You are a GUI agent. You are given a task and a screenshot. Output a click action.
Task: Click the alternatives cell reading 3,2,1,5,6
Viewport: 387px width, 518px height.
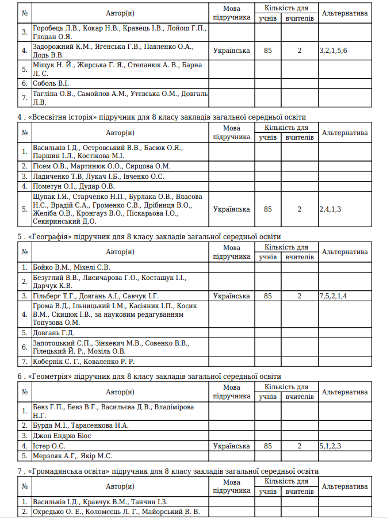[x=333, y=51]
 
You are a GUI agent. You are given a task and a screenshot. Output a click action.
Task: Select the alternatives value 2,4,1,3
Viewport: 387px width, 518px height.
[x=330, y=209]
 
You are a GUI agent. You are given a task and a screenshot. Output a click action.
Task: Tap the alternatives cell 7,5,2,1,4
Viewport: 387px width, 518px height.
[x=333, y=296]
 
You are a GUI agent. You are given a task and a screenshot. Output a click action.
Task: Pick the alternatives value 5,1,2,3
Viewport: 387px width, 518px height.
[x=330, y=446]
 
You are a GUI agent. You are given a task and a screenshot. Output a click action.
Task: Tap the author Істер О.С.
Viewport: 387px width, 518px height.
[x=49, y=446]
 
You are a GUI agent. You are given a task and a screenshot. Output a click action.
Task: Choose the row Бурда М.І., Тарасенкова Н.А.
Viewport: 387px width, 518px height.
[x=81, y=425]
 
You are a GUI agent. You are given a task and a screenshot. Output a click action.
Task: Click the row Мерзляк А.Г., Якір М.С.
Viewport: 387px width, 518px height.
[x=72, y=456]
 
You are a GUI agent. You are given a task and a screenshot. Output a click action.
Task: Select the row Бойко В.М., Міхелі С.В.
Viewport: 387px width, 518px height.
[x=71, y=267]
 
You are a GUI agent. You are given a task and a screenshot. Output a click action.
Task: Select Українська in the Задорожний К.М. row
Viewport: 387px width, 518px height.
[x=231, y=51]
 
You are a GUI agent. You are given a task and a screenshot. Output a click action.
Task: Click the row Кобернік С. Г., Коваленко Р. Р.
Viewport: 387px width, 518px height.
[x=83, y=361]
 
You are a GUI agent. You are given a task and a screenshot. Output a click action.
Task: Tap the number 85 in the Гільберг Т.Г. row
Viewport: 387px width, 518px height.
[x=267, y=296]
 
